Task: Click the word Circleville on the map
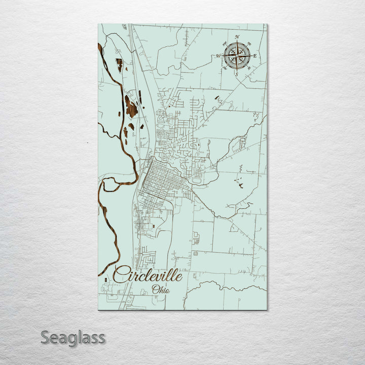point(147,275)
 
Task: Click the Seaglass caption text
point(73,337)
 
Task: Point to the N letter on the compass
point(237,36)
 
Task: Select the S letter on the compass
point(236,75)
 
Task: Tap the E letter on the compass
point(255,56)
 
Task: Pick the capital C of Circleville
point(120,275)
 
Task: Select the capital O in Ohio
point(154,290)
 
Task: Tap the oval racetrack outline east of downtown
point(196,179)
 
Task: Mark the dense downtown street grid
point(162,180)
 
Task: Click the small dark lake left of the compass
point(217,97)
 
